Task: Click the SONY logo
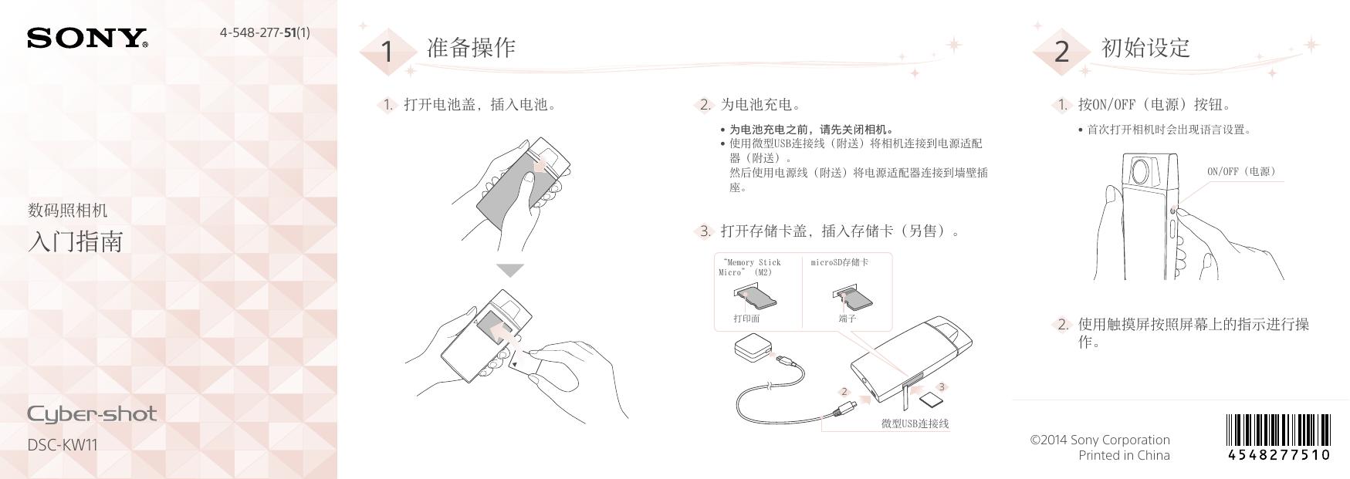tap(87, 39)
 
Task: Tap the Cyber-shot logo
tap(92, 415)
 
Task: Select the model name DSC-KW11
tap(63, 445)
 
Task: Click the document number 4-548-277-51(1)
tap(265, 32)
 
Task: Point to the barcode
tap(1278, 437)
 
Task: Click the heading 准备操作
tap(471, 48)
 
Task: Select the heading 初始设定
tap(1145, 48)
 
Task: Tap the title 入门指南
tap(75, 241)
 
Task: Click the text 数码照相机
tap(67, 210)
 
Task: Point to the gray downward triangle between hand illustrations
tap(510, 270)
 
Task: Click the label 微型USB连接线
tap(915, 423)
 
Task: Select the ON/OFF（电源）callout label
tap(1241, 171)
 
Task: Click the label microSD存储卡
tap(839, 262)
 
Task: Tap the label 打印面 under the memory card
tap(746, 318)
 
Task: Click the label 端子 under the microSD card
tap(847, 318)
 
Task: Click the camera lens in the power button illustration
tap(1144, 170)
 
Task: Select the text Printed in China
tap(1124, 455)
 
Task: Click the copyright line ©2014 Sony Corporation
tap(1100, 440)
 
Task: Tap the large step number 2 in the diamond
tap(1062, 52)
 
